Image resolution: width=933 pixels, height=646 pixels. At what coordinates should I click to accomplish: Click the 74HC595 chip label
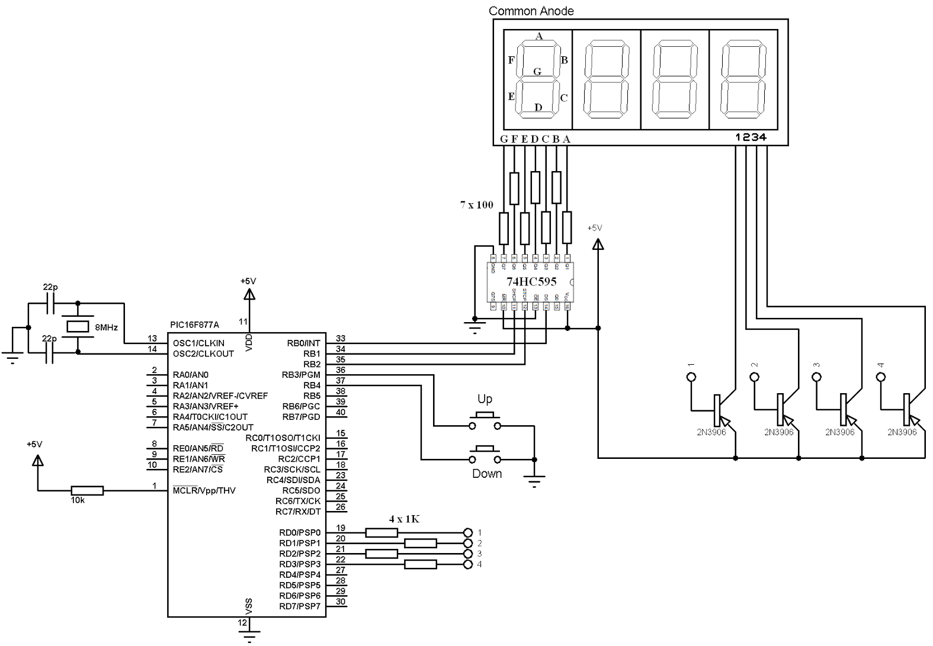pyautogui.click(x=531, y=282)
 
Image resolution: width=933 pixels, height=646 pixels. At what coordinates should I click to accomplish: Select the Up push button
pyautogui.click(x=485, y=421)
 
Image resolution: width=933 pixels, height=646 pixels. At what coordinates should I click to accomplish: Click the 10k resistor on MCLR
pyautogui.click(x=87, y=490)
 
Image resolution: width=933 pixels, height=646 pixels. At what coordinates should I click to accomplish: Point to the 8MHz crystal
pyautogui.click(x=78, y=326)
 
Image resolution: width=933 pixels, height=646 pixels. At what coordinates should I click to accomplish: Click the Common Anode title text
pyautogui.click(x=531, y=11)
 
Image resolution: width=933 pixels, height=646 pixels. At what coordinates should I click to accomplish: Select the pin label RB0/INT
pyautogui.click(x=303, y=343)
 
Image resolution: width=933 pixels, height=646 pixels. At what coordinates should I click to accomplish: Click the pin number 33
pyautogui.click(x=340, y=339)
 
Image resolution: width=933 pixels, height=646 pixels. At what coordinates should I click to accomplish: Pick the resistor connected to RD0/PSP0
pyautogui.click(x=381, y=532)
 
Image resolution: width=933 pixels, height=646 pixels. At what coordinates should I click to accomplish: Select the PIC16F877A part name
pyautogui.click(x=194, y=324)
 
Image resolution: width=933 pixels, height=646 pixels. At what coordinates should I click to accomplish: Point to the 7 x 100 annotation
pyautogui.click(x=476, y=205)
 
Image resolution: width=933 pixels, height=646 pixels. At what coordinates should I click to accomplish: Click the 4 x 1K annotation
pyautogui.click(x=405, y=519)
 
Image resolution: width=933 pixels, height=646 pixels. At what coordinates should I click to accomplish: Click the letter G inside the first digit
pyautogui.click(x=537, y=72)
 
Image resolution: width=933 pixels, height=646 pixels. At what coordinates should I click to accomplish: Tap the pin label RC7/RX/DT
pyautogui.click(x=298, y=512)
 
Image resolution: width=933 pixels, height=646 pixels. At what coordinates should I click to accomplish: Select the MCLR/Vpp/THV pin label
pyautogui.click(x=204, y=490)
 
